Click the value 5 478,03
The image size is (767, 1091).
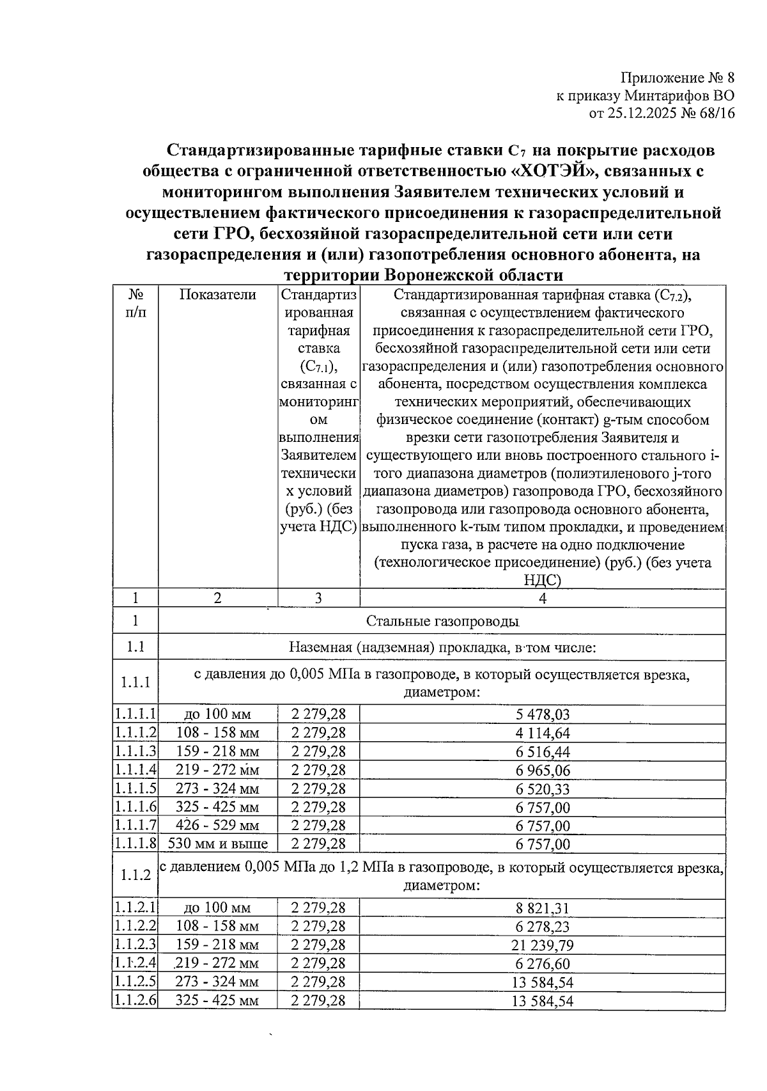point(543,715)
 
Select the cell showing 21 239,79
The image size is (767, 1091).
point(543,945)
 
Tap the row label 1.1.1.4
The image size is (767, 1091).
point(136,771)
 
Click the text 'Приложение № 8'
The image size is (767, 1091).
point(678,78)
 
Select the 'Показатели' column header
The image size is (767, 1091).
point(217,295)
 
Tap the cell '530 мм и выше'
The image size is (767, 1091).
point(217,844)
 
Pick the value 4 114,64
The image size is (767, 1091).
point(543,734)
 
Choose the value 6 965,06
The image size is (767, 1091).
point(543,771)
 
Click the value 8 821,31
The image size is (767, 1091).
point(543,908)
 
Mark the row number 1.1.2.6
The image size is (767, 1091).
point(136,1000)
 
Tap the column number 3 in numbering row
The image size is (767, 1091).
point(318,598)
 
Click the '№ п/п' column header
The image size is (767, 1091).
point(136,304)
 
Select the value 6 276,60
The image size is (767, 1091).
point(543,964)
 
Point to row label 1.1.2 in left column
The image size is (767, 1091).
point(136,875)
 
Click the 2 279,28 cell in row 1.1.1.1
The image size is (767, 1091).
point(318,715)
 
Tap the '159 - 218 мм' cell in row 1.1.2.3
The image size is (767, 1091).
point(217,945)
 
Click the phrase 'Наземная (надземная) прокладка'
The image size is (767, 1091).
point(396,647)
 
